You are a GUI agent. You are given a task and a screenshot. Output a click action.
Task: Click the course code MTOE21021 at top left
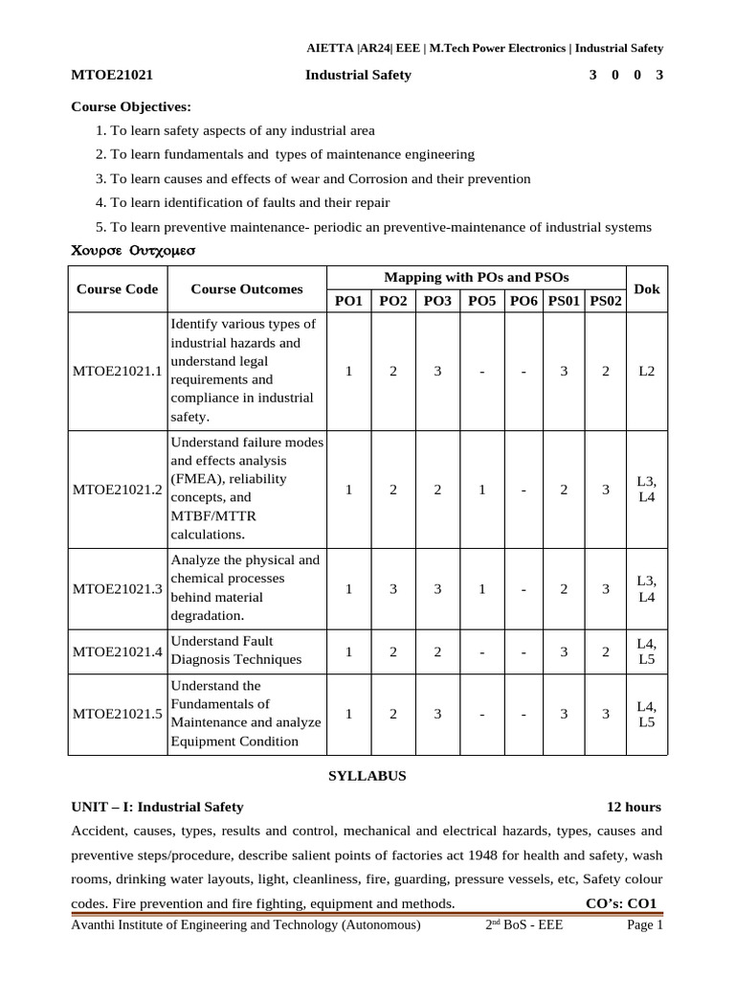[113, 75]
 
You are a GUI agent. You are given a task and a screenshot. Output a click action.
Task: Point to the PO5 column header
[481, 301]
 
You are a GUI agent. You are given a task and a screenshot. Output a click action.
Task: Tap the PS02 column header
[606, 301]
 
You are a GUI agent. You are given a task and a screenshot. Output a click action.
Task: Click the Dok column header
[647, 288]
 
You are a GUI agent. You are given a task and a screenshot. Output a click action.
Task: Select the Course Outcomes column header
[247, 288]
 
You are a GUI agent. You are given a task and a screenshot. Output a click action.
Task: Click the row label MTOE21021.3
[118, 589]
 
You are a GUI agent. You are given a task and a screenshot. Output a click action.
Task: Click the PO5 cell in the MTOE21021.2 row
[481, 490]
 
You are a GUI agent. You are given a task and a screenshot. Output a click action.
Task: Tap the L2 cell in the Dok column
[647, 372]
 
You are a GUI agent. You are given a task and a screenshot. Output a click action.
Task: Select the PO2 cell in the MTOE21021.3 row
[392, 589]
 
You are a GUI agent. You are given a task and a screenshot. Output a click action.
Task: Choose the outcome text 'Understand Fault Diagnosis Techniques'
[235, 650]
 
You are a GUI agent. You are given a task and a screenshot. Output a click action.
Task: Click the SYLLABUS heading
[367, 776]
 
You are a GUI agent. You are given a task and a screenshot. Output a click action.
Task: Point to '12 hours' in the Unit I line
[634, 807]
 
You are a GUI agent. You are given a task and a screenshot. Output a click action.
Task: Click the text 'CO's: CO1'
[622, 903]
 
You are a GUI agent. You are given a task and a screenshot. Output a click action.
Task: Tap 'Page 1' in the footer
[644, 925]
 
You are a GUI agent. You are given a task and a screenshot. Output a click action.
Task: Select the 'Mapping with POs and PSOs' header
[476, 277]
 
